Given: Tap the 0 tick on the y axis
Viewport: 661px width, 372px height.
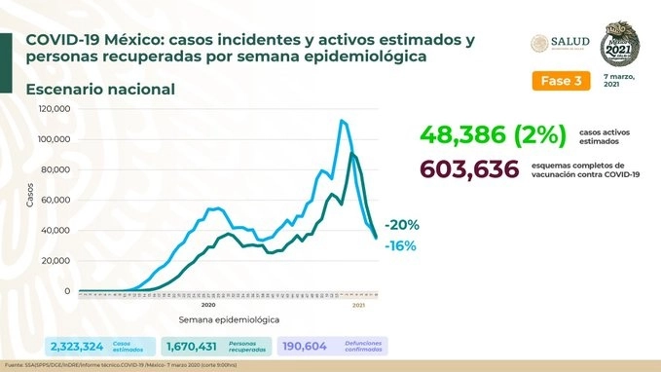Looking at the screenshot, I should (66, 291).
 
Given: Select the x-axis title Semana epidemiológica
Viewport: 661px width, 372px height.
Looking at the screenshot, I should (230, 319).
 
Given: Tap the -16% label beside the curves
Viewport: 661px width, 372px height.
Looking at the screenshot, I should (400, 246).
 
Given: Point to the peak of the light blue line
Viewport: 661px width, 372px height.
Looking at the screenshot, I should (342, 121).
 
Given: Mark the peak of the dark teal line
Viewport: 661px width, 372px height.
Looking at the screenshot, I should (351, 154).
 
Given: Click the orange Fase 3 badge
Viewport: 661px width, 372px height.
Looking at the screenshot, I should (562, 81).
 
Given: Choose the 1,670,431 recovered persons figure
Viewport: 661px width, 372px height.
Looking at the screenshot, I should (200, 346).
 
